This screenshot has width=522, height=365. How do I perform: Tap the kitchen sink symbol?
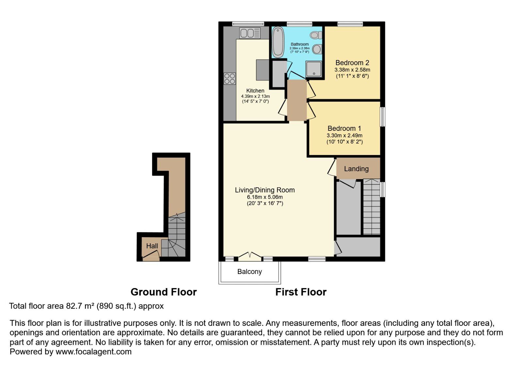250,33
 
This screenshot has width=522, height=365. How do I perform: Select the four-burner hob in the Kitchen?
230,79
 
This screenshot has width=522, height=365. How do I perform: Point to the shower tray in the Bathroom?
314,69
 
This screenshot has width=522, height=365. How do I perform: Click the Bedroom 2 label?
352,63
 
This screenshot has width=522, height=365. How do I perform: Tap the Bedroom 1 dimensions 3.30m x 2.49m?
345,135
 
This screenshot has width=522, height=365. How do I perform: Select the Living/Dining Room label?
265,190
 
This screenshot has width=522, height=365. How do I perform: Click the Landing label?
356,169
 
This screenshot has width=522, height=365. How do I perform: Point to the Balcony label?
250,271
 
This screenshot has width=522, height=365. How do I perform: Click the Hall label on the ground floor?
152,246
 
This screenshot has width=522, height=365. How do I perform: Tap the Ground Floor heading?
163,292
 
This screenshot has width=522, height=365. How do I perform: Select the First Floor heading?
301,292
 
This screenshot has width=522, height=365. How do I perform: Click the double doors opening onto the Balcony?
250,256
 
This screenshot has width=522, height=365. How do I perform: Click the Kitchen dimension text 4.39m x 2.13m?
255,96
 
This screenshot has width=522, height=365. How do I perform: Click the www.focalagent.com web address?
94,352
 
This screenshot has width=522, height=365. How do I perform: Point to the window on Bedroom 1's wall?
383,117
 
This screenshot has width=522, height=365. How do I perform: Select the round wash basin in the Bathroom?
317,49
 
